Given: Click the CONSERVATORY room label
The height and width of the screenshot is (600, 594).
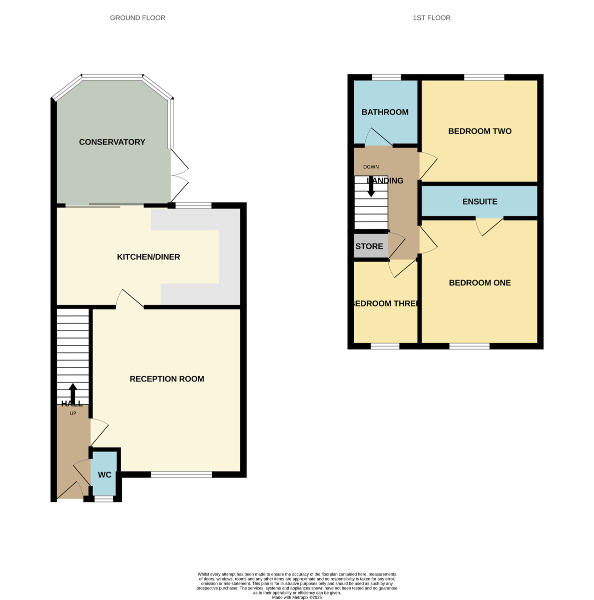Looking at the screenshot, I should (112, 142).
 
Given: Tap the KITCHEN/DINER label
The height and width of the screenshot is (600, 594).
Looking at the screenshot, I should (149, 257).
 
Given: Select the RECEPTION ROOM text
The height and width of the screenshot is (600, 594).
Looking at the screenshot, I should (167, 379).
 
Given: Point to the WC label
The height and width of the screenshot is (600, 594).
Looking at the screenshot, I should (105, 474).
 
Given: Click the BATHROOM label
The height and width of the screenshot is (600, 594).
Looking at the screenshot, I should (385, 112).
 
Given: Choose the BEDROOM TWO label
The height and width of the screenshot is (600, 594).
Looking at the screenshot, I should (479, 131).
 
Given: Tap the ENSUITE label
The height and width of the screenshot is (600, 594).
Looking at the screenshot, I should (479, 201).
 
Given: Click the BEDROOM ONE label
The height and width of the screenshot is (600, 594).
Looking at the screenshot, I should (479, 282).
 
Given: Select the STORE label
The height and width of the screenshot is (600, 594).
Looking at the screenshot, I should (369, 246).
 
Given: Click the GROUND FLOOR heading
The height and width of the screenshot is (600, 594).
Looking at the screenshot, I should (138, 18).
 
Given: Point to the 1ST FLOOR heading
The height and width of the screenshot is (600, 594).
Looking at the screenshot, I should (431, 18).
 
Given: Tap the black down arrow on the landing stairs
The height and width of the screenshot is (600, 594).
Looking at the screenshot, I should (371, 187).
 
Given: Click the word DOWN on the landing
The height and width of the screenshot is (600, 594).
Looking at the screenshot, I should (371, 167).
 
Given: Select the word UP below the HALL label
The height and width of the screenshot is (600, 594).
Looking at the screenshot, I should (73, 413).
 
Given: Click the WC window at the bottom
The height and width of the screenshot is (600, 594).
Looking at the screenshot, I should (104, 498).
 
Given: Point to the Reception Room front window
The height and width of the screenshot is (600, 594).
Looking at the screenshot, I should (181, 474).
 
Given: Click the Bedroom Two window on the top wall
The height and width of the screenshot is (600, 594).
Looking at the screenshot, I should (484, 77).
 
